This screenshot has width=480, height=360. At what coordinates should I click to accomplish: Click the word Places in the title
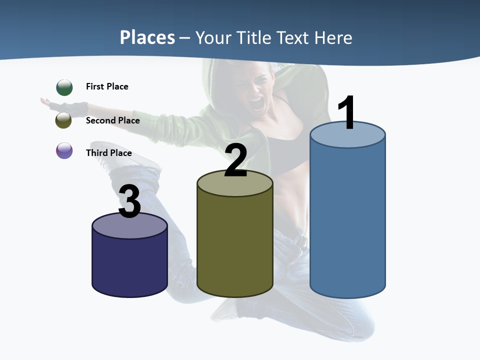pos(147,37)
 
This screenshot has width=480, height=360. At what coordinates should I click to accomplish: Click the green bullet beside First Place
pos(64,87)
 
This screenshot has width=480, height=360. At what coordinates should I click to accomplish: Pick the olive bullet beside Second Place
pos(64,120)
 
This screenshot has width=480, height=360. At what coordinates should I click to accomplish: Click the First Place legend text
pos(107,86)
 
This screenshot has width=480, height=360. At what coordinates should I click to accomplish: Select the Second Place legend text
pos(112,120)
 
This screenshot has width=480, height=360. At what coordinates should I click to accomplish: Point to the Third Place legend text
pos(108,153)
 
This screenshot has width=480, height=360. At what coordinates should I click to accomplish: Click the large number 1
pos(346,113)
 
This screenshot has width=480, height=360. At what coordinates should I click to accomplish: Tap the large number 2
pos(235,160)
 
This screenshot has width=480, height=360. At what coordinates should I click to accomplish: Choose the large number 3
pos(129,202)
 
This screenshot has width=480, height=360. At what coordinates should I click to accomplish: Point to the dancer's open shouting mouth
pos(256,104)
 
